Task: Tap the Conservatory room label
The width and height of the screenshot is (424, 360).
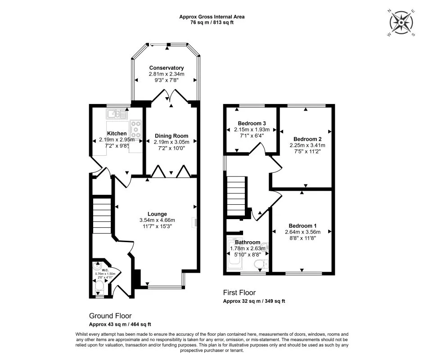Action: (x=167, y=68)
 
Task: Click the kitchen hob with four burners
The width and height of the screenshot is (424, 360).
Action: (x=135, y=129)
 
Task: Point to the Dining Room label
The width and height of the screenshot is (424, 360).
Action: (x=171, y=136)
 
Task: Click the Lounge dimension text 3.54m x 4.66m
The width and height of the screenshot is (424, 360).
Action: (x=157, y=220)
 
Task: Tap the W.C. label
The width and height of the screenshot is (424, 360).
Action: (x=99, y=270)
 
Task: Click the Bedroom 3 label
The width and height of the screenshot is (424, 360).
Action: (x=252, y=123)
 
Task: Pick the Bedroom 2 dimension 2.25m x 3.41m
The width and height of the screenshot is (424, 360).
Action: (x=309, y=145)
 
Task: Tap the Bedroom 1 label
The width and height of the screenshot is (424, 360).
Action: (x=302, y=226)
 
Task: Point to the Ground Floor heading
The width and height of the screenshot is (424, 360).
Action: (x=110, y=316)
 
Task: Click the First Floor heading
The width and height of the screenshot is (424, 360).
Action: (x=239, y=292)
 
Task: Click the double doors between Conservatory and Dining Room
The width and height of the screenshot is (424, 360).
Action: (x=170, y=96)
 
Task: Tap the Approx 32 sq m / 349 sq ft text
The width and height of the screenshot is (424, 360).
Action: (x=254, y=301)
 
